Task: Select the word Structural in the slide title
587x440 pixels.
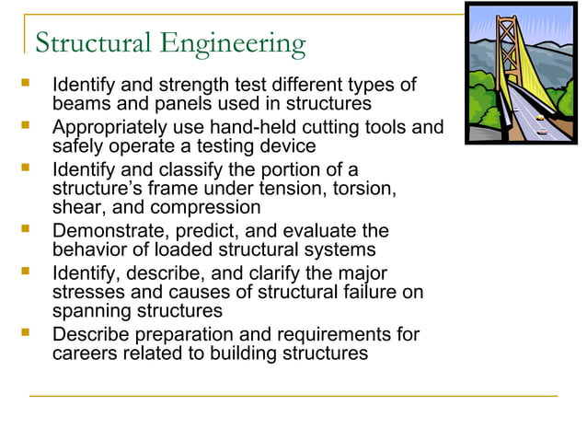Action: pyautogui.click(x=94, y=42)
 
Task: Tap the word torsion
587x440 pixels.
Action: pyautogui.click(x=368, y=189)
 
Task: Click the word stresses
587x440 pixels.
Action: pyautogui.click(x=87, y=292)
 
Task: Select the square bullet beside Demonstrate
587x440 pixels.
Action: pyautogui.click(x=25, y=229)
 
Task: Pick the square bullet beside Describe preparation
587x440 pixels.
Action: pyautogui.click(x=25, y=333)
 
